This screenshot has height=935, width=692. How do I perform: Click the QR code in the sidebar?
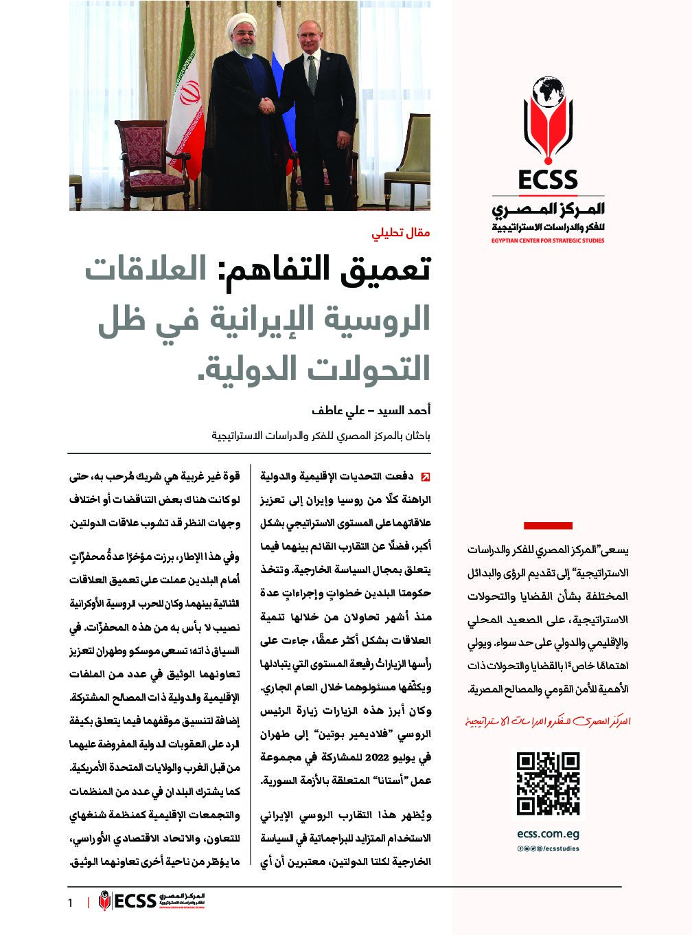tap(548, 784)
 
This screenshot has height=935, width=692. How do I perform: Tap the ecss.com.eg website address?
tap(548, 833)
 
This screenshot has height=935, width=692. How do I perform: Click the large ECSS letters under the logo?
tap(548, 180)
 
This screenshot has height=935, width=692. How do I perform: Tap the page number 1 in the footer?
tap(70, 902)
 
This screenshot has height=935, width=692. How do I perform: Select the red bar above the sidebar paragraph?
tap(548, 526)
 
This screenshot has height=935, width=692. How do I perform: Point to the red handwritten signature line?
tap(548, 721)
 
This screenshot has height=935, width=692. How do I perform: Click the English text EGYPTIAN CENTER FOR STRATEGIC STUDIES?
tap(548, 241)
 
